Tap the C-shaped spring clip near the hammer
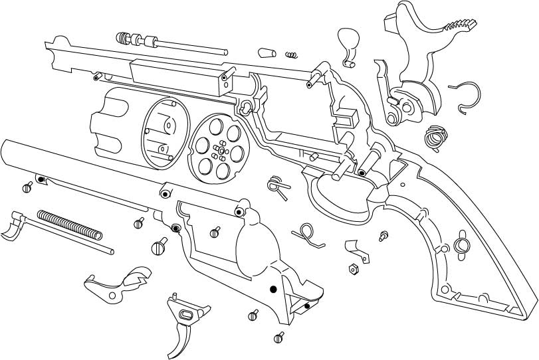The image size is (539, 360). coord(467,96)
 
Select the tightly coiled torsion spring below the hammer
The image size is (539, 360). coord(435,137)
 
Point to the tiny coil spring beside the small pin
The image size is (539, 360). coord(290,54)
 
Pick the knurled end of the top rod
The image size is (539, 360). coord(124,37)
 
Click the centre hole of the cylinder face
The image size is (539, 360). coord(217,152)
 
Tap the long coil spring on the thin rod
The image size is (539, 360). coord(70,225)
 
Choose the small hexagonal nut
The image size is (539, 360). coord(354,268)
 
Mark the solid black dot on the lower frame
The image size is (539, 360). coord(272,289)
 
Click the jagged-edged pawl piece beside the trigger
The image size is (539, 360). coord(136,278)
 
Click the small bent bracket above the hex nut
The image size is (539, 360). coord(358,250)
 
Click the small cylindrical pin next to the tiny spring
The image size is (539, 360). coord(267,51)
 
